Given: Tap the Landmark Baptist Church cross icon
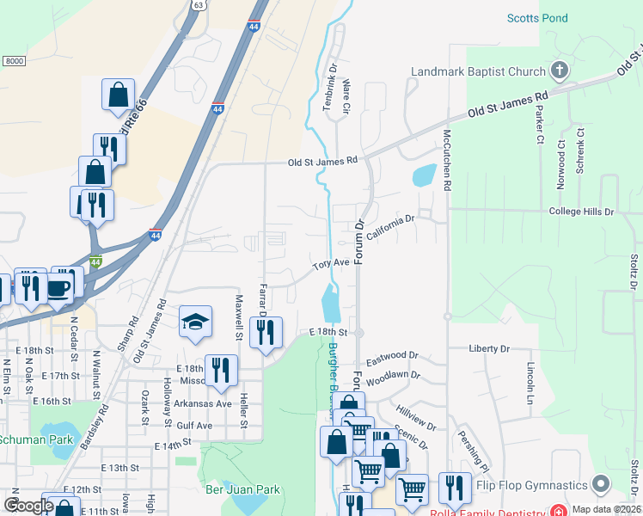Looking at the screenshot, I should [559, 71].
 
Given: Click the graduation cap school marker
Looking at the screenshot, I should [196, 322].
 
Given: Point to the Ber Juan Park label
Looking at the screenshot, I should [243, 489].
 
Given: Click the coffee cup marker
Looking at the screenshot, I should [59, 286].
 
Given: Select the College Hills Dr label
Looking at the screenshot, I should [582, 211].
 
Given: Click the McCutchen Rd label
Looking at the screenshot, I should [447, 160].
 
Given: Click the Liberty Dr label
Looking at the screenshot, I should [489, 348].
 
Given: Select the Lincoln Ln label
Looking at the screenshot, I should [530, 384].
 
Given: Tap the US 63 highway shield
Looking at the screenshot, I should [199, 4].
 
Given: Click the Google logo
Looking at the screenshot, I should [28, 506].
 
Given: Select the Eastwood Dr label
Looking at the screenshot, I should [392, 355].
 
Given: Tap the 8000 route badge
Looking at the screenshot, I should [14, 60].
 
